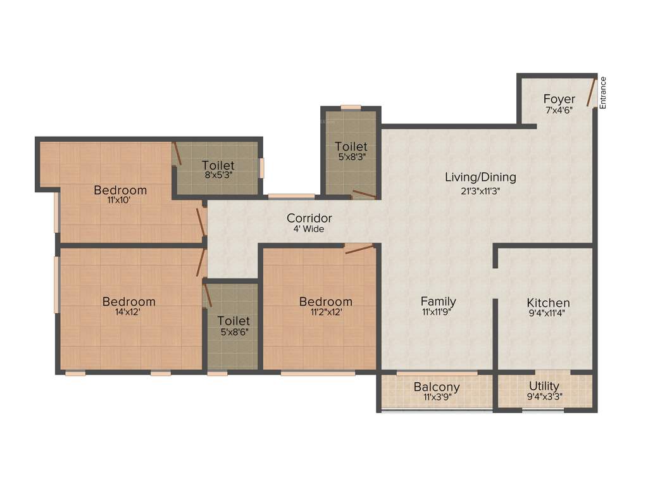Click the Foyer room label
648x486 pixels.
(x=559, y=99)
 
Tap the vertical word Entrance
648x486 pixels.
(x=603, y=93)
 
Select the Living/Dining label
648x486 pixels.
(x=480, y=177)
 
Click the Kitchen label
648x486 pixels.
(x=548, y=303)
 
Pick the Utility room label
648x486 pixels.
(x=544, y=386)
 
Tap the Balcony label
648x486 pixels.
(x=437, y=387)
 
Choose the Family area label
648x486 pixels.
(x=439, y=301)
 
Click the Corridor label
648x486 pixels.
(x=309, y=218)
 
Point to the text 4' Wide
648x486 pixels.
(x=309, y=229)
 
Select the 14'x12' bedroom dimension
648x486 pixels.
(x=129, y=312)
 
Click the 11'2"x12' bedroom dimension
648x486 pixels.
(x=325, y=312)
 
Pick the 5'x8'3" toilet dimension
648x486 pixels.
(x=351, y=157)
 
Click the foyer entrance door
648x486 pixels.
(x=591, y=92)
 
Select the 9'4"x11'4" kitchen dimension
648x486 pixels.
(x=548, y=313)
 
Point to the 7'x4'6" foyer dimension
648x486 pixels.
(x=559, y=109)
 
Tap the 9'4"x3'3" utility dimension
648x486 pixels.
(x=544, y=397)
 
